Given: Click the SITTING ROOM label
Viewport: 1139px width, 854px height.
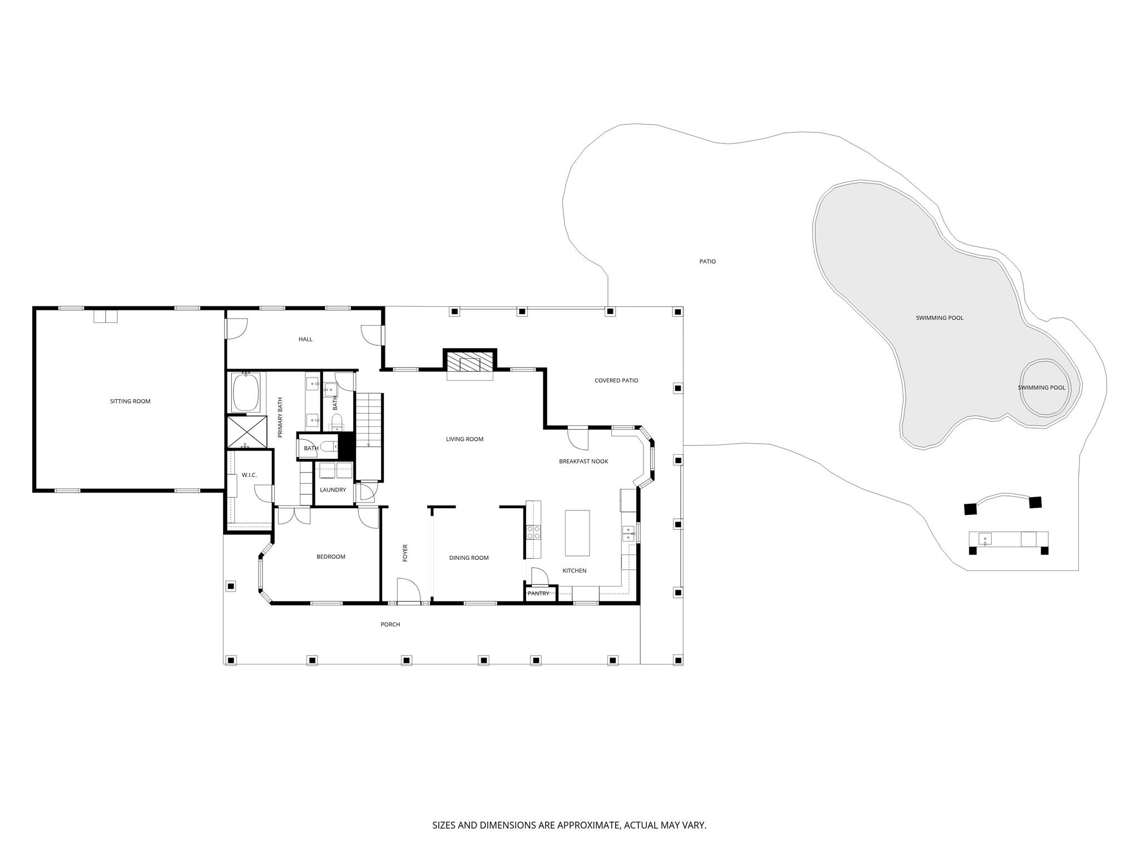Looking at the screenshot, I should pyautogui.click(x=130, y=401).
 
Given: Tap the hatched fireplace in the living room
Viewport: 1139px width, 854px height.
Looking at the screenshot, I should pyautogui.click(x=469, y=362).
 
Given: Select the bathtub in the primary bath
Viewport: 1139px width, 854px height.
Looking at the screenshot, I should pyautogui.click(x=246, y=392).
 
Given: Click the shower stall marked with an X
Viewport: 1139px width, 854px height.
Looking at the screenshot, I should pyautogui.click(x=247, y=432).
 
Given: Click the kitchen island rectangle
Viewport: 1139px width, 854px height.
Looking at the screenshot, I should pyautogui.click(x=577, y=533).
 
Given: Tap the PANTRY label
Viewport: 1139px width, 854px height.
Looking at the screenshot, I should pyautogui.click(x=538, y=594).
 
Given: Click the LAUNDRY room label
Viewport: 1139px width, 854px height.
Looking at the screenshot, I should pyautogui.click(x=333, y=490).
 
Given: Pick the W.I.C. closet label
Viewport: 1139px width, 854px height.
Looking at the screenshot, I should pyautogui.click(x=249, y=475).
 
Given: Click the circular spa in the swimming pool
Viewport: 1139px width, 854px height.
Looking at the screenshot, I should pyautogui.click(x=1042, y=388).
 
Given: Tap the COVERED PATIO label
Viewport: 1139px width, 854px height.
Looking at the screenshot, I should pyautogui.click(x=616, y=381).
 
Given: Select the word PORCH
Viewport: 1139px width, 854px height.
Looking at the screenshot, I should pyautogui.click(x=390, y=624).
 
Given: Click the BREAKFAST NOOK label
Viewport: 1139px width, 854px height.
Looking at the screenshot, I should pyautogui.click(x=583, y=461).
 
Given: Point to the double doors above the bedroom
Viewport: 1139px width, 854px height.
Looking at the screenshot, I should pyautogui.click(x=294, y=515).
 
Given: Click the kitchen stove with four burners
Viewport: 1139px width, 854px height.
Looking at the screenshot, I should pyautogui.click(x=533, y=533).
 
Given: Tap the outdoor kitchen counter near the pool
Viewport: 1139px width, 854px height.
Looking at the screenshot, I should pyautogui.click(x=1008, y=539).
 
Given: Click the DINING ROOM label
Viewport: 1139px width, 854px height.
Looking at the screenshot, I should pyautogui.click(x=469, y=558).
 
